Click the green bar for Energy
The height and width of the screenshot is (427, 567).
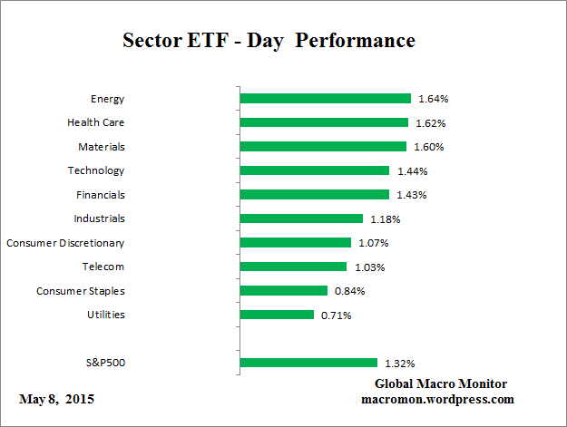tap(325, 99)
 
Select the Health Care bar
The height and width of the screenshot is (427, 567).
tap(324, 122)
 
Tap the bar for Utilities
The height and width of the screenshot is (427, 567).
tap(277, 315)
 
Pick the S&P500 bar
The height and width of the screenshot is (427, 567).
tap(308, 363)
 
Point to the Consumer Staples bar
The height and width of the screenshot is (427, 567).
tap(283, 291)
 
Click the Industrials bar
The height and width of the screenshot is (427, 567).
tap(301, 218)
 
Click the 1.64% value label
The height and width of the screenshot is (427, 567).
tap(433, 99)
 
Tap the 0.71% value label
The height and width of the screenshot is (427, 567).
tap(335, 315)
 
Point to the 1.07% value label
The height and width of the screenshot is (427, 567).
tap(372, 243)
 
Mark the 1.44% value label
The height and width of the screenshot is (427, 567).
tap(411, 170)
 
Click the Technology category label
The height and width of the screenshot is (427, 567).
tap(95, 170)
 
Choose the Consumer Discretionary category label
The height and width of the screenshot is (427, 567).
tap(65, 243)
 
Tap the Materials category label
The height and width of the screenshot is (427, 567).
tap(101, 147)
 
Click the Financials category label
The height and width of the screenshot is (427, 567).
tap(100, 195)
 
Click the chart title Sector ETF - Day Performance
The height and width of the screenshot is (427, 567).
tap(269, 42)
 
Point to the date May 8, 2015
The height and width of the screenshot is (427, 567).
tap(56, 399)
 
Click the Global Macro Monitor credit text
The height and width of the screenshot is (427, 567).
tap(440, 383)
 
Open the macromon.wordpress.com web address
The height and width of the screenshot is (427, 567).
tap(438, 399)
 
